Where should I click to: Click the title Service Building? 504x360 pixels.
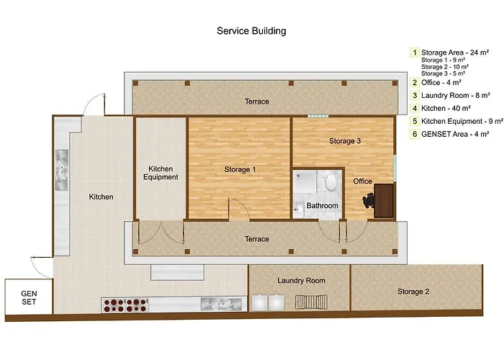(251, 31)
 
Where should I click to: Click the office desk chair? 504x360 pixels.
(369, 201)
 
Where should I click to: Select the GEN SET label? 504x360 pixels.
(29, 297)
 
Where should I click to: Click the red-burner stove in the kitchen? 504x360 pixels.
(125, 305)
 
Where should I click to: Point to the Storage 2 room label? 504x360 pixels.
(413, 292)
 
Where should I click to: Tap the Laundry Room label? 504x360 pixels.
(301, 281)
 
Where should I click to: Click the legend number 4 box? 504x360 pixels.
(415, 109)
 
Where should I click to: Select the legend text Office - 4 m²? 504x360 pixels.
(441, 83)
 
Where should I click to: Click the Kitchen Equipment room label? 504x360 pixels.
(161, 173)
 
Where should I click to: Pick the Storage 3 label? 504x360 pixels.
(345, 141)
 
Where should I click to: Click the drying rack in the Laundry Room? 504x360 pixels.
(311, 302)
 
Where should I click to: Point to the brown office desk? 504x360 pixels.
(384, 201)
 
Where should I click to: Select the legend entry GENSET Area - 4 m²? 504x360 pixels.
(455, 134)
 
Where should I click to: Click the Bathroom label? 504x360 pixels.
(322, 206)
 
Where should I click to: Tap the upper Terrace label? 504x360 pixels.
(257, 102)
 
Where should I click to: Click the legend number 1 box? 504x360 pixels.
(415, 53)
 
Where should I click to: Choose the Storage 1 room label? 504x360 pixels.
(240, 169)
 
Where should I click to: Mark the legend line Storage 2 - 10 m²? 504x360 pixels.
(445, 67)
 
